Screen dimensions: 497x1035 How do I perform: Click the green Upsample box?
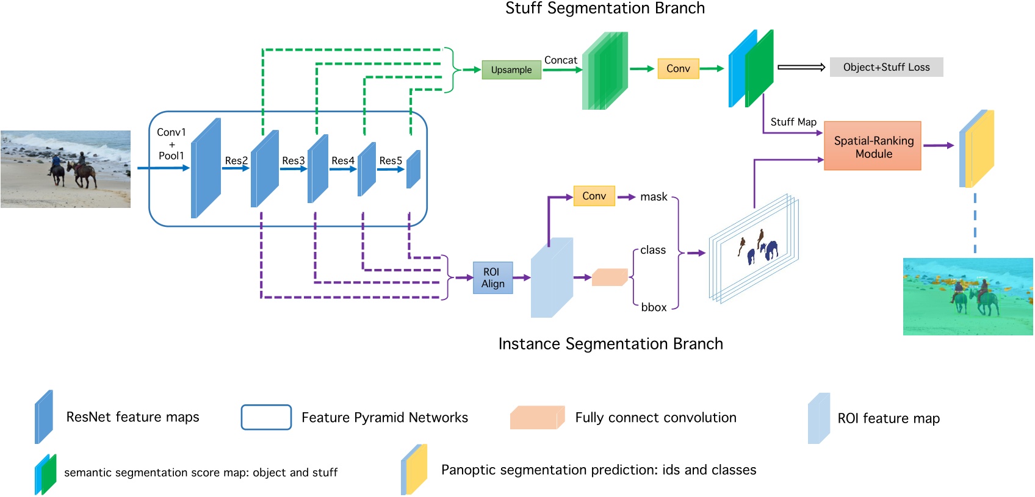click(511, 70)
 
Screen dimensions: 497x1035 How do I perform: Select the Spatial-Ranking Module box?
click(873, 146)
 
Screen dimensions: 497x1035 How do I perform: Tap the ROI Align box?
click(492, 278)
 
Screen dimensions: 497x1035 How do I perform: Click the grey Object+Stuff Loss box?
click(886, 67)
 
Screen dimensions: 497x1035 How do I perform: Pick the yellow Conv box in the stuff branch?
click(678, 69)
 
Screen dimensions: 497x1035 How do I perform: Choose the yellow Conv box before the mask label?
click(594, 196)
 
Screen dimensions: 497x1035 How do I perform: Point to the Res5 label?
click(391, 160)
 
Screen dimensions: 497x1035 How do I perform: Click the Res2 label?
click(236, 160)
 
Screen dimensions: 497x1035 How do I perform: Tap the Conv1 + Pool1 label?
click(171, 144)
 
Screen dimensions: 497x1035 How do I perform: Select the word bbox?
click(654, 307)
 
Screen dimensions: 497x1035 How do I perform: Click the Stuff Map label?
click(793, 122)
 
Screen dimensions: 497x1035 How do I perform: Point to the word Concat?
click(560, 60)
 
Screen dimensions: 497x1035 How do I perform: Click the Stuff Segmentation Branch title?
click(605, 9)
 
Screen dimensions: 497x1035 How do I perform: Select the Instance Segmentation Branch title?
click(610, 344)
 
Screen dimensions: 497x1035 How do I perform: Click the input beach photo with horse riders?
click(65, 169)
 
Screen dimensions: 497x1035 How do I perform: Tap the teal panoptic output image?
click(968, 296)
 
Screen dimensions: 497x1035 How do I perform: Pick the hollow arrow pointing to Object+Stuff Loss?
click(801, 67)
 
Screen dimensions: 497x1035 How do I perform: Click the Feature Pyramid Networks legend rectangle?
click(266, 417)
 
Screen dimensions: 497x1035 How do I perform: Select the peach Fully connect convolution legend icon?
click(536, 418)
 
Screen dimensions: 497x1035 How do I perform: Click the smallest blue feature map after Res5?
click(414, 169)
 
